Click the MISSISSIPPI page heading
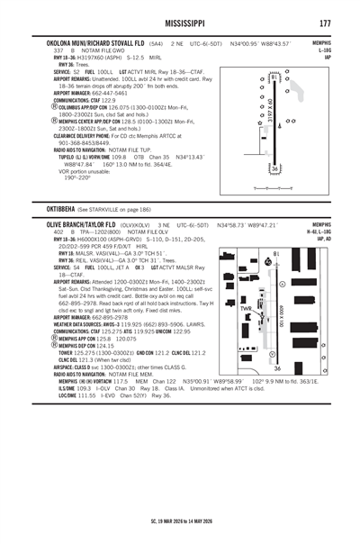pos(181,22)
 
